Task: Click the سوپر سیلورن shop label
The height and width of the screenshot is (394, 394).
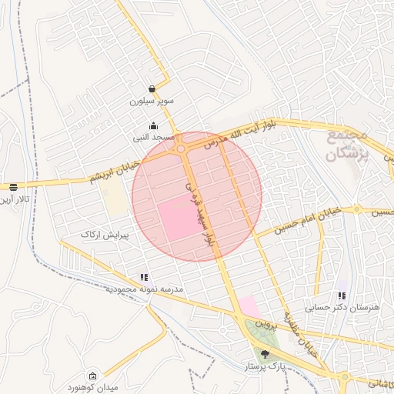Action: coord(152,101)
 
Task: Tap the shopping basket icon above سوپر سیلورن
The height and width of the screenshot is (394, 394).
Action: coord(152,88)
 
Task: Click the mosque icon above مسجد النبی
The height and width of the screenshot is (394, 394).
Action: coord(153,126)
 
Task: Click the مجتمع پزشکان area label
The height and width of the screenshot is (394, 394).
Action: coord(349,145)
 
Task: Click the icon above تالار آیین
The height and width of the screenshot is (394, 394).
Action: coord(13,187)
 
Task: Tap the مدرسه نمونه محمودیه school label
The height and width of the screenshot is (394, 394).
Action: coord(145,289)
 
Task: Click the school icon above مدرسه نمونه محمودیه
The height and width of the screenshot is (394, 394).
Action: coord(144,277)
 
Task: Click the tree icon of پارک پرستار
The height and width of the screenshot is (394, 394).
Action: coord(265,354)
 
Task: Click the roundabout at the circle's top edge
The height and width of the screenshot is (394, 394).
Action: coord(181,148)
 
